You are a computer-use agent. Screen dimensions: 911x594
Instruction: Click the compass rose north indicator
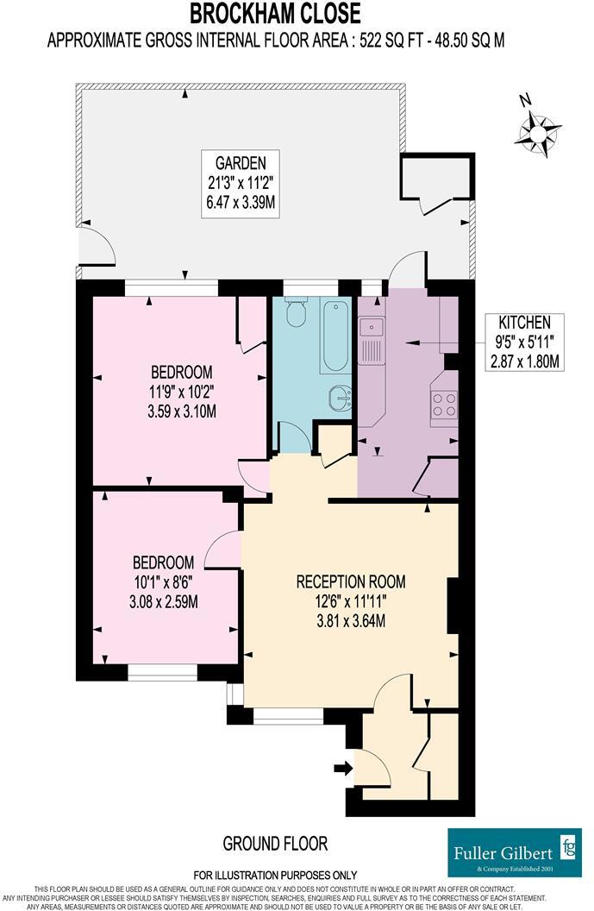pyautogui.click(x=538, y=129)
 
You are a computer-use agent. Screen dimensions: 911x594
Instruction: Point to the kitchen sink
pyautogui.click(x=372, y=328)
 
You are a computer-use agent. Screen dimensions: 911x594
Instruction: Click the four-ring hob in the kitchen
pyautogui.click(x=444, y=404)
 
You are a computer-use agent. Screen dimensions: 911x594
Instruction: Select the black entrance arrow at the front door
pyautogui.click(x=342, y=768)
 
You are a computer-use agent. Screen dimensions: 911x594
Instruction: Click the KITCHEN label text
pyautogui.click(x=523, y=320)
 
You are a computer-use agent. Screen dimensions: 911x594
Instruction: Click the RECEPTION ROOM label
pyautogui.click(x=350, y=580)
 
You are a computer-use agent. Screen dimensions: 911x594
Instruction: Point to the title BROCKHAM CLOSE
pyautogui.click(x=276, y=13)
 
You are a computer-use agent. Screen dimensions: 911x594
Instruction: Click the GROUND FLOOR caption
pyautogui.click(x=275, y=843)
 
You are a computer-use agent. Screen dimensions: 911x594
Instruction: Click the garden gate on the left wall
pyautogui.click(x=96, y=247)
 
